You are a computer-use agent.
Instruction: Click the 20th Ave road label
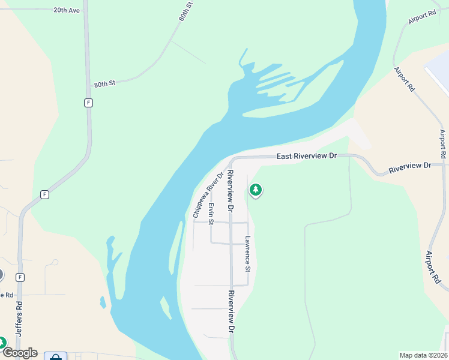[x=66, y=10]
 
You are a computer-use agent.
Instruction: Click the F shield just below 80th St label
[x=88, y=103]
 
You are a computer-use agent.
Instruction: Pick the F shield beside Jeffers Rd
[x=20, y=277]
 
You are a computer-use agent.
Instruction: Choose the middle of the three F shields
[x=44, y=194]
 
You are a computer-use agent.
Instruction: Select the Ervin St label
[x=211, y=214]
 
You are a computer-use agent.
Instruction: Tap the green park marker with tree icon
[x=256, y=191]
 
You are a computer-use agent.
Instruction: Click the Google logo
[x=19, y=353]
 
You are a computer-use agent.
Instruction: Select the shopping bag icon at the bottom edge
[x=56, y=356]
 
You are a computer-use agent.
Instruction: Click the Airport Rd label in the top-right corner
[x=421, y=17]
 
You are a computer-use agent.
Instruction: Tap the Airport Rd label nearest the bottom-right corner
[x=433, y=268]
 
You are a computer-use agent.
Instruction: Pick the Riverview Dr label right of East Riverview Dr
[x=410, y=166]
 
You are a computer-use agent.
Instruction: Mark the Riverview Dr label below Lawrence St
[x=231, y=311]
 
